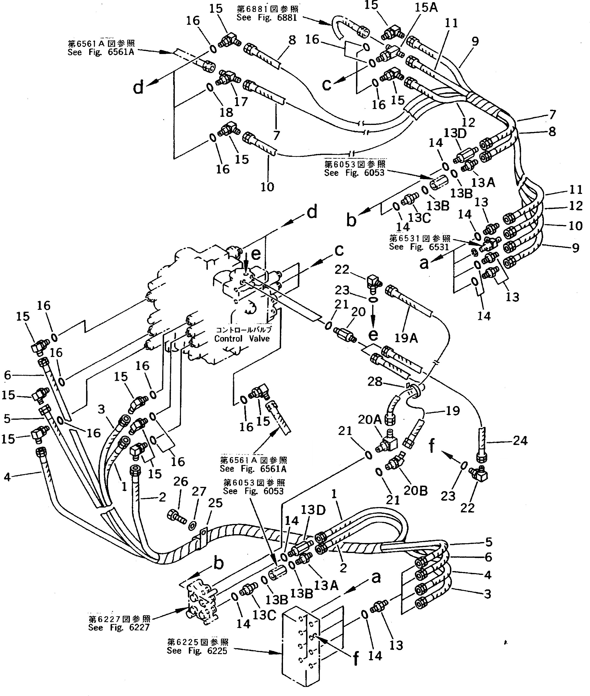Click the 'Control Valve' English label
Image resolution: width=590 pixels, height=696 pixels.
[x=242, y=338]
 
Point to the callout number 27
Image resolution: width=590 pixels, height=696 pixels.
[x=199, y=491]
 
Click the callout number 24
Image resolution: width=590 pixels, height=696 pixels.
[x=520, y=441]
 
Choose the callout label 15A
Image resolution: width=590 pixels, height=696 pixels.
[x=426, y=7]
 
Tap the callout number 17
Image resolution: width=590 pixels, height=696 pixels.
[x=241, y=101]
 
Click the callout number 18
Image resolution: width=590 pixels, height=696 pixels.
[x=226, y=112]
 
